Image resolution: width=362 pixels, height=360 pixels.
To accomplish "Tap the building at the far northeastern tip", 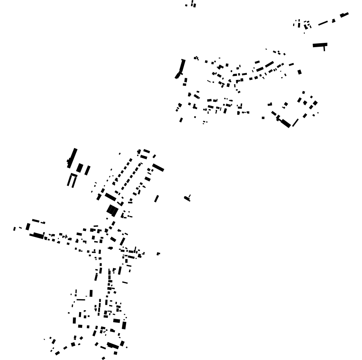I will click(344, 15).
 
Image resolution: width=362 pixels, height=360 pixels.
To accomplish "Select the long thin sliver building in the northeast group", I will click(323, 23).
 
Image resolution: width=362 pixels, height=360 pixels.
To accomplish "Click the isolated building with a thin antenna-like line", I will click(187, 198).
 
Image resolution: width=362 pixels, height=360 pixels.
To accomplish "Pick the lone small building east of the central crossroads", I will click(158, 254).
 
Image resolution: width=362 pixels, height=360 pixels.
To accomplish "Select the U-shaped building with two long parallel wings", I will click(72, 180).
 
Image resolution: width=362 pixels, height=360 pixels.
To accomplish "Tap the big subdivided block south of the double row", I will click(112, 210).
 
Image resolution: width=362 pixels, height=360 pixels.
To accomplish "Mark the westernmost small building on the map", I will click(14, 229).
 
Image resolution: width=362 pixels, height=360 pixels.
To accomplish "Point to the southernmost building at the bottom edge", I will click(103, 358).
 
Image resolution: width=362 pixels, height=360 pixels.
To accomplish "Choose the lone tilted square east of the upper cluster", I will click(299, 72).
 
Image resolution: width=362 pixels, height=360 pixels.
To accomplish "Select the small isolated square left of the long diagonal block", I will click(263, 118).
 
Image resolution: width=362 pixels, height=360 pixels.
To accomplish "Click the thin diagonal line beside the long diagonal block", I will click(295, 123).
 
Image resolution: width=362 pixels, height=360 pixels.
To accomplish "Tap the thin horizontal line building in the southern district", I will click(81, 300).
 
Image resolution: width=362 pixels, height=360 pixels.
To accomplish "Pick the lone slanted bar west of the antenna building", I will click(156, 199).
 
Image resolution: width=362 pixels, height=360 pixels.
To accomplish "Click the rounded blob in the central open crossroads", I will click(111, 248).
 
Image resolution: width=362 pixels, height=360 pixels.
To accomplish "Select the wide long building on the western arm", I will click(37, 235).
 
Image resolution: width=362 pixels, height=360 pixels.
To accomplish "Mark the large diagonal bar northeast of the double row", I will click(158, 168).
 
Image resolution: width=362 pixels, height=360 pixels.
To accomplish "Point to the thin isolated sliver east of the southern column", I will click(125, 282).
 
